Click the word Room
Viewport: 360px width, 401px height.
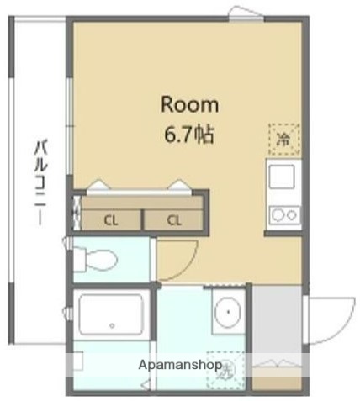click(x=189, y=105)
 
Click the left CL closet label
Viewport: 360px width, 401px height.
click(x=110, y=221)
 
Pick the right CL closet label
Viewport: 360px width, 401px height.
click(x=173, y=221)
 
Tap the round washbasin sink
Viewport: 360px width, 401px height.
click(x=227, y=315)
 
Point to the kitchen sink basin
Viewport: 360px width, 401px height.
click(x=281, y=177)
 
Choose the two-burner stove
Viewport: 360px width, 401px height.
click(x=283, y=214)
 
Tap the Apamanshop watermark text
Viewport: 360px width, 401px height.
click(x=180, y=366)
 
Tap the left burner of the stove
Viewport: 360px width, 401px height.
click(x=277, y=214)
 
